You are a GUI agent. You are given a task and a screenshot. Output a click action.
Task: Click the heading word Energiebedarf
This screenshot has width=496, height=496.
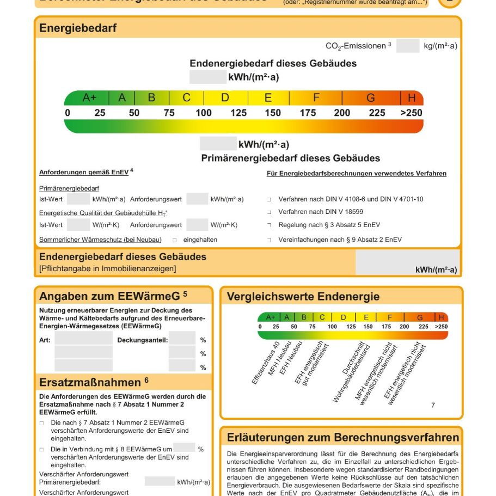point(78,28)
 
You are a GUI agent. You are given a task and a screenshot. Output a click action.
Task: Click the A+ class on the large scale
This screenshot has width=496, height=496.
point(89,98)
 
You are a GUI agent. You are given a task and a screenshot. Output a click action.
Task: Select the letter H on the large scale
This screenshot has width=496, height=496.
point(412,98)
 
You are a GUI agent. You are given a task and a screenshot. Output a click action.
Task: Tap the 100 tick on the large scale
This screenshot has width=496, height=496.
point(204,113)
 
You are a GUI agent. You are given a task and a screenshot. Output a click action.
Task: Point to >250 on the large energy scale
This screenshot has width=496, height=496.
point(411,113)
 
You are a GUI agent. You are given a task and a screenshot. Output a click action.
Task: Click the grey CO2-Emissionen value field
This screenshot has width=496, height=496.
point(407,46)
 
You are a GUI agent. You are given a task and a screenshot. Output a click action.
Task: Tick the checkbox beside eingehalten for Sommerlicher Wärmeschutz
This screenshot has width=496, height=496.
point(175,240)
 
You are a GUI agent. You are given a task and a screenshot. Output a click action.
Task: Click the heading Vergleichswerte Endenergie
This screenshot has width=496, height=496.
point(303,297)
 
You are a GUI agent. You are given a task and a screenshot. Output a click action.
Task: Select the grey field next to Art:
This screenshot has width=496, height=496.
point(83,339)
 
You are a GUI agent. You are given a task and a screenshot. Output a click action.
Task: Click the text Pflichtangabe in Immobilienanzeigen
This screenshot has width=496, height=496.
point(108,268)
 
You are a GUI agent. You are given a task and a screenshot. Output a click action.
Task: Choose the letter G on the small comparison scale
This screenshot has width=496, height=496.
point(420,317)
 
